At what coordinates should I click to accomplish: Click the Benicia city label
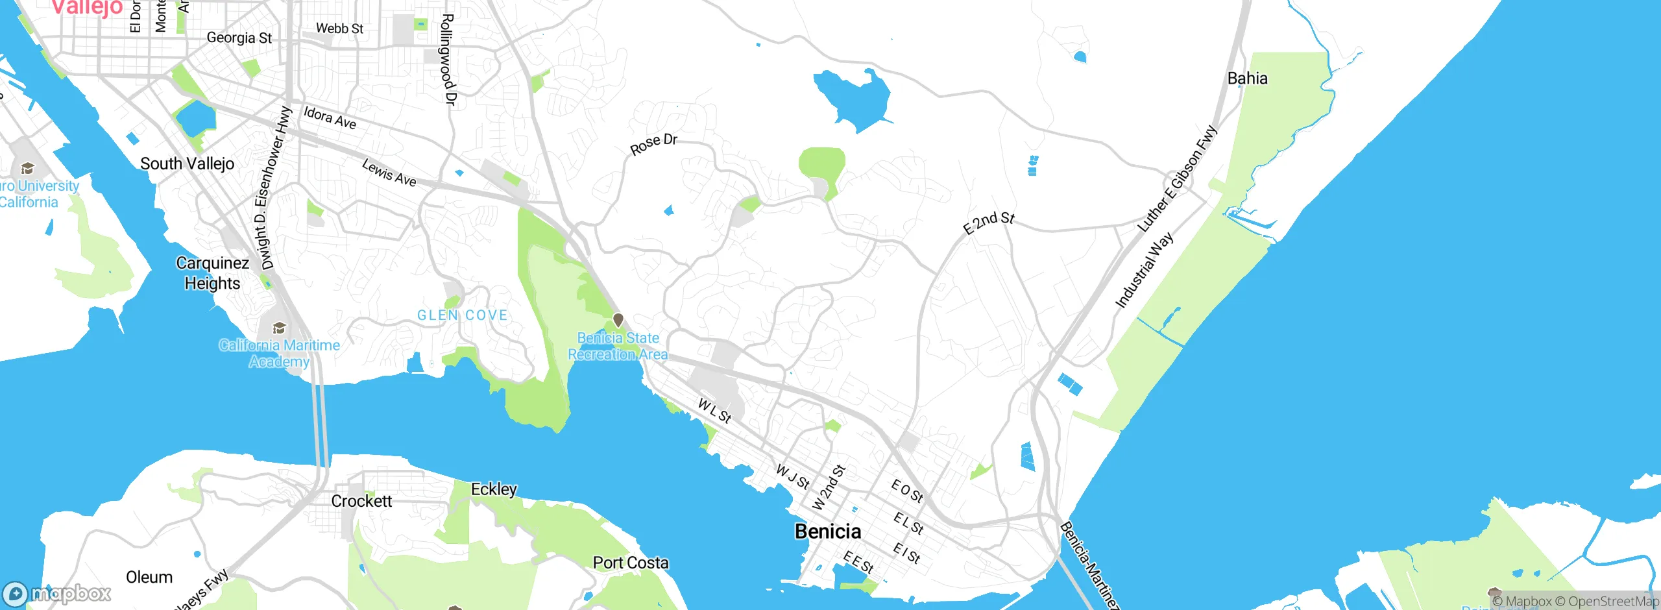coord(828,531)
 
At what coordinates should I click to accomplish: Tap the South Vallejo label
coord(187,164)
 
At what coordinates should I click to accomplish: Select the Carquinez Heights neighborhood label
coord(212,273)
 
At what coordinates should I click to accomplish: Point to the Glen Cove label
coord(462,315)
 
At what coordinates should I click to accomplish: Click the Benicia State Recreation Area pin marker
coord(618,320)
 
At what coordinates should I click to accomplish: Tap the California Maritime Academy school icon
coord(279,328)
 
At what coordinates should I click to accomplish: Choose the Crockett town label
coord(361,501)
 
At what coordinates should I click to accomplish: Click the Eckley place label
coord(494,489)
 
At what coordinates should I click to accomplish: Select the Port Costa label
coord(631,563)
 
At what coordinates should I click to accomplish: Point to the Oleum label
coord(149,577)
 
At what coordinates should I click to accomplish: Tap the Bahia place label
coord(1247,79)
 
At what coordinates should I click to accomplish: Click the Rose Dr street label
coord(653,144)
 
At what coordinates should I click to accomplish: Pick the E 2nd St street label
coord(988,223)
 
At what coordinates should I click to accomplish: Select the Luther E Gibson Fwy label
coord(1178,179)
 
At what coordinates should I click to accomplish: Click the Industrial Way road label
coord(1144,270)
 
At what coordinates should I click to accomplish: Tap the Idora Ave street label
coord(330,118)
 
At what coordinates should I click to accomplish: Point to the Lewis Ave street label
coord(389,173)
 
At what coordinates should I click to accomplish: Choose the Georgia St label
coord(239,38)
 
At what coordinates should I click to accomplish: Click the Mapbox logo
coord(57,593)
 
